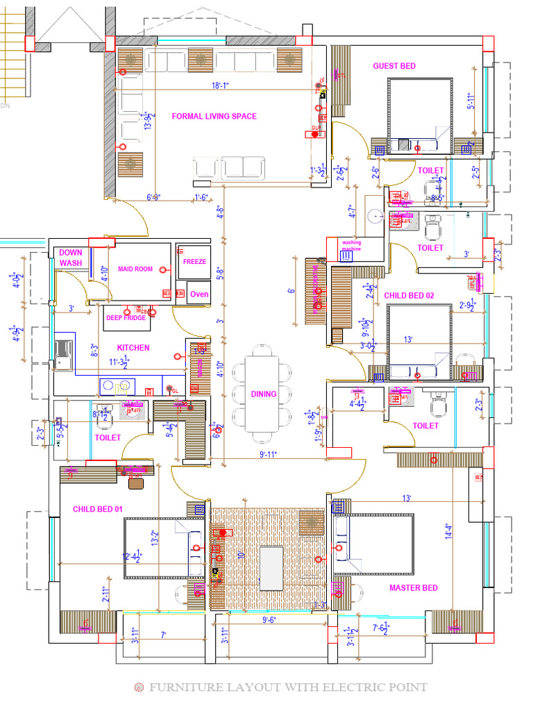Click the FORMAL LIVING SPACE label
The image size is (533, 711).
pyautogui.click(x=214, y=116)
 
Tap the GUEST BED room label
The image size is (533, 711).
pyautogui.click(x=394, y=66)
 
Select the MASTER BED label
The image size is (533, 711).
pyautogui.click(x=413, y=587)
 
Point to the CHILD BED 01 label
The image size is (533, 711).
pyautogui.click(x=98, y=509)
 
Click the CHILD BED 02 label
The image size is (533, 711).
pyautogui.click(x=409, y=295)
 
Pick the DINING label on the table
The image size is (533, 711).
pyautogui.click(x=264, y=394)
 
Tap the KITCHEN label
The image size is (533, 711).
pyautogui.click(x=133, y=347)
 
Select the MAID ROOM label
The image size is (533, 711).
pyautogui.click(x=135, y=269)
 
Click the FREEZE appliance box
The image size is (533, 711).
pyautogui.click(x=194, y=262)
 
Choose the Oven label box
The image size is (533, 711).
pyautogui.click(x=199, y=294)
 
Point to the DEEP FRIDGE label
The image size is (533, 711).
pyautogui.click(x=126, y=317)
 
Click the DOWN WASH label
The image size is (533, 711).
pyautogui.click(x=71, y=258)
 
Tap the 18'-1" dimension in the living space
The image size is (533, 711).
pyautogui.click(x=220, y=85)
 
